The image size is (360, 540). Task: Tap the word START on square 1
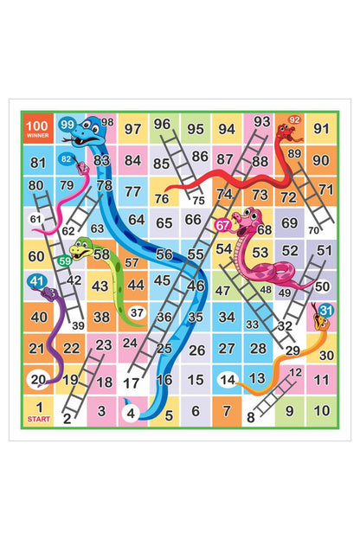[x=38, y=420]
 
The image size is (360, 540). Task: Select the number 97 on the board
[x=132, y=129]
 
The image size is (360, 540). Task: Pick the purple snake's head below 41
[x=50, y=294]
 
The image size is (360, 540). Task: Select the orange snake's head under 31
[x=321, y=323]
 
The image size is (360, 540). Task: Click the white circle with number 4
[x=132, y=413]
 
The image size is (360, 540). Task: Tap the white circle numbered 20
[x=38, y=379]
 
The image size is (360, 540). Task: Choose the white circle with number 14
[x=228, y=379]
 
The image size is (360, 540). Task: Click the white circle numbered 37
[x=136, y=312]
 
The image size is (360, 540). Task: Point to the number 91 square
[x=321, y=129]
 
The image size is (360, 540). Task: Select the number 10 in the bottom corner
[x=321, y=411]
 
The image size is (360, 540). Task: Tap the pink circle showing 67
[x=223, y=225]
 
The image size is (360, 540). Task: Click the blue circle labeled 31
[x=325, y=310]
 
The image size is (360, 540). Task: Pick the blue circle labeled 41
[x=36, y=281]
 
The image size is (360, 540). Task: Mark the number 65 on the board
[x=164, y=222]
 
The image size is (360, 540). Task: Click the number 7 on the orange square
[x=227, y=411]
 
